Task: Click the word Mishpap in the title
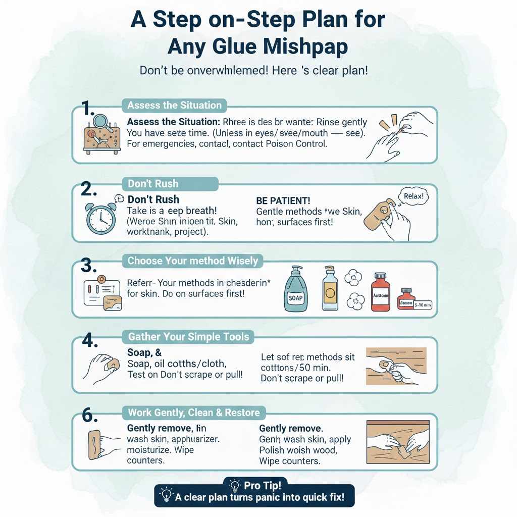tap(305, 47)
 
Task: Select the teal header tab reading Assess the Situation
tap(174, 105)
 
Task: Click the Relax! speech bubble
tap(412, 196)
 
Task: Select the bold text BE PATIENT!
tap(283, 200)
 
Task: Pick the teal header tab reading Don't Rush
tap(153, 184)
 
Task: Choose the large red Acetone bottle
tap(381, 293)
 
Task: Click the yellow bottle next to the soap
tap(331, 290)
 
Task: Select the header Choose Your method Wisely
tap(192, 261)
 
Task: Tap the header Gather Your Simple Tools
tap(189, 336)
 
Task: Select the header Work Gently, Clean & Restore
tap(194, 412)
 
